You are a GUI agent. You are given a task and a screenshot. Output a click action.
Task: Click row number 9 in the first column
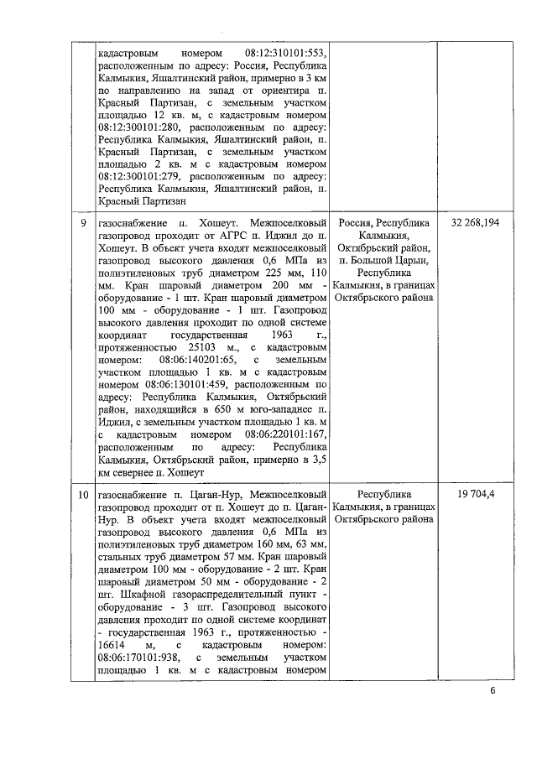point(82,225)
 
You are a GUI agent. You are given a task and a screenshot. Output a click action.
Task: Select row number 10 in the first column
point(82,496)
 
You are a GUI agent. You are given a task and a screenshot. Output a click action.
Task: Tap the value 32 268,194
point(475,225)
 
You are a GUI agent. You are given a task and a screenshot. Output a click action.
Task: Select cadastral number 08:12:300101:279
point(138,178)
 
